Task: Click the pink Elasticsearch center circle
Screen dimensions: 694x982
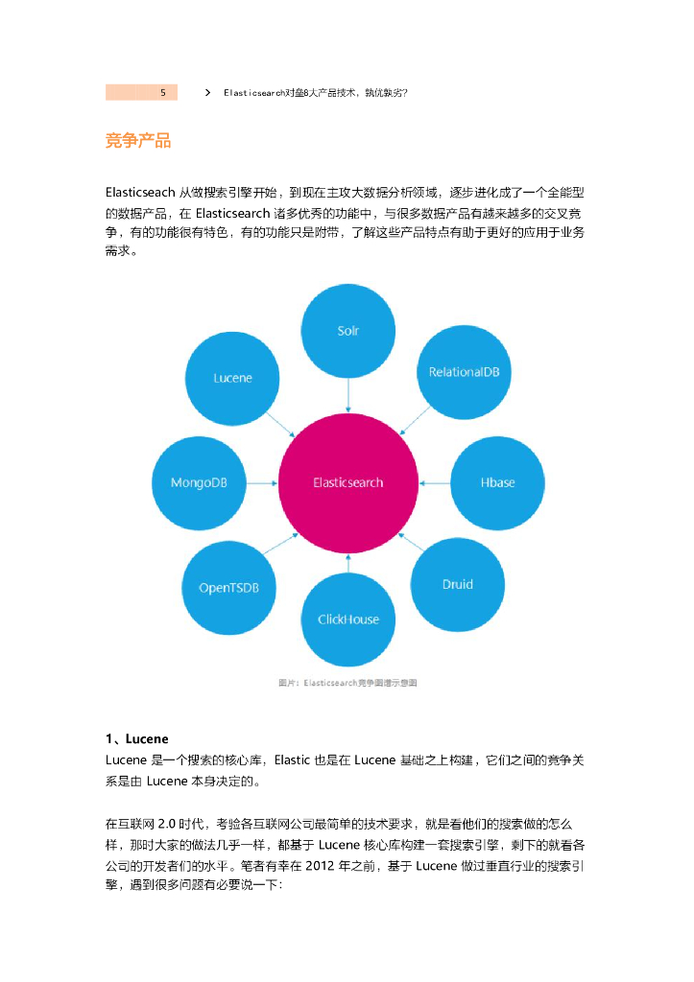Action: pyautogui.click(x=347, y=482)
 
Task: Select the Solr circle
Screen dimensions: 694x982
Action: pyautogui.click(x=347, y=331)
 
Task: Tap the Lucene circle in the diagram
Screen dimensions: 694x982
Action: pyautogui.click(x=232, y=378)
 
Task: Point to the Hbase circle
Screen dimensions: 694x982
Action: pyautogui.click(x=497, y=482)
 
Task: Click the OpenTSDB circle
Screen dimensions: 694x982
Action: pyautogui.click(x=229, y=587)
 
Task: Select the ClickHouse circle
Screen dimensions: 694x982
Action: pyautogui.click(x=347, y=620)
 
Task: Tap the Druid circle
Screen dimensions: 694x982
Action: pyautogui.click(x=457, y=584)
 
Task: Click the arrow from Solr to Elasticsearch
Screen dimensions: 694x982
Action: pyautogui.click(x=347, y=394)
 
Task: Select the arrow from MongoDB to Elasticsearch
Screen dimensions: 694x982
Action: pyautogui.click(x=262, y=482)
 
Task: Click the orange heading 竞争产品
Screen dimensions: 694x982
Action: pyautogui.click(x=138, y=141)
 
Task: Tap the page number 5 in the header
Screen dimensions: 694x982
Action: pyautogui.click(x=162, y=93)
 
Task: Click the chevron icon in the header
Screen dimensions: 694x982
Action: pyautogui.click(x=208, y=93)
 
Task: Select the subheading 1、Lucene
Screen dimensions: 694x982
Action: pyautogui.click(x=137, y=738)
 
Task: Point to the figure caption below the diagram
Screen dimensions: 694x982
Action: pyautogui.click(x=347, y=683)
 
